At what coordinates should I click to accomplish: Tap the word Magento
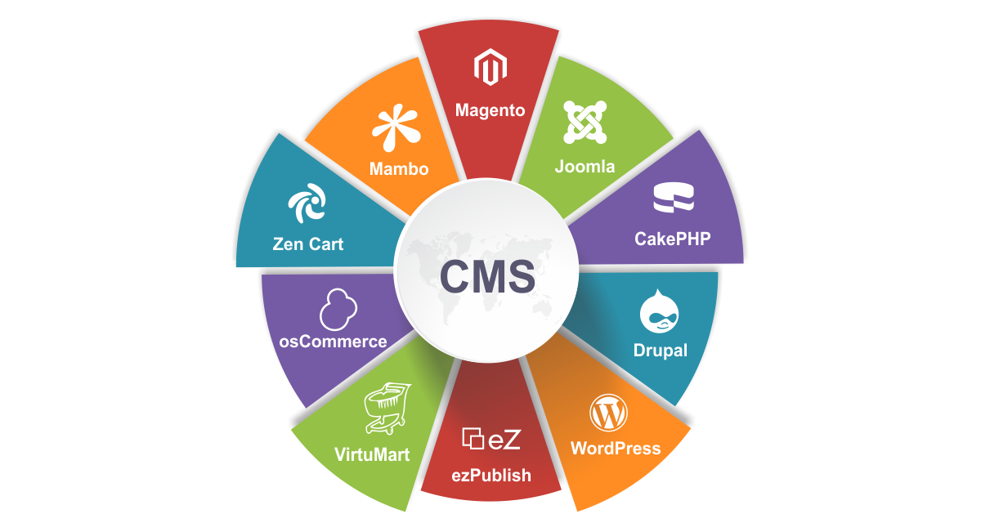(x=490, y=110)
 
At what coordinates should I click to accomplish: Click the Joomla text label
(x=585, y=167)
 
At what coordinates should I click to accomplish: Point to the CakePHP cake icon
(x=673, y=199)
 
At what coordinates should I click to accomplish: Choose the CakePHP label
(x=673, y=239)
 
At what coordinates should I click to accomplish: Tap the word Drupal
(x=661, y=351)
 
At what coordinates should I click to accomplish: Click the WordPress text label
(x=616, y=449)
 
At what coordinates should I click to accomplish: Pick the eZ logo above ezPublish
(x=491, y=439)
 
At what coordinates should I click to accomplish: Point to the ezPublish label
(x=491, y=475)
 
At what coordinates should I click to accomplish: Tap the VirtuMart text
(x=372, y=454)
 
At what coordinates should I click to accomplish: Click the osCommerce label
(x=333, y=342)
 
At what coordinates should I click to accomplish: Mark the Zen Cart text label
(x=308, y=244)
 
